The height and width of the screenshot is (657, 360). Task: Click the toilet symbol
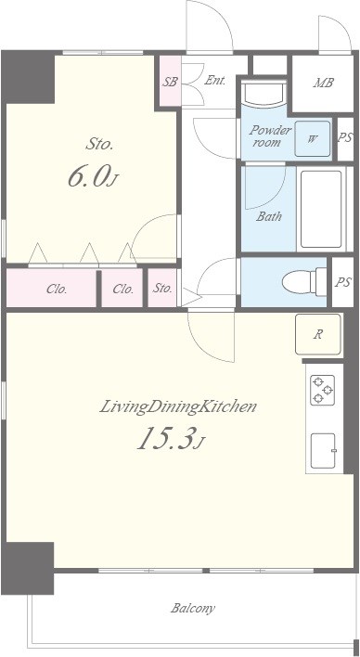[x=304, y=281]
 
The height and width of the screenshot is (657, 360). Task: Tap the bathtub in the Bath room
[x=321, y=209]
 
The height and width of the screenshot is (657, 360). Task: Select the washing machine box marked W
[x=313, y=138]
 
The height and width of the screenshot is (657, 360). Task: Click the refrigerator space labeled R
[x=318, y=334]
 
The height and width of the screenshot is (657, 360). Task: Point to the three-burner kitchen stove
[x=322, y=390]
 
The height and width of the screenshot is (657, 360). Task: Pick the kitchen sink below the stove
[x=323, y=451]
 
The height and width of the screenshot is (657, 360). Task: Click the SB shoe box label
[x=170, y=82]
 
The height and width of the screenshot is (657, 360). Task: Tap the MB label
[x=323, y=83]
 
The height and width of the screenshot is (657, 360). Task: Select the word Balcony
[x=193, y=608]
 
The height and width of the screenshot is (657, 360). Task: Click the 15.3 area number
[x=171, y=438]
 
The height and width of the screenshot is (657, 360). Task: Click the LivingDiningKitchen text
[x=178, y=406]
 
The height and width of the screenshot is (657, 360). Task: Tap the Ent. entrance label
[x=215, y=81]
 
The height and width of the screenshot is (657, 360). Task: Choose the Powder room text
[x=270, y=135]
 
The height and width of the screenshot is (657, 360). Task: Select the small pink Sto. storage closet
[x=162, y=288]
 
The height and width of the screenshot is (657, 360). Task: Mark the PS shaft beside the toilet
[x=342, y=282]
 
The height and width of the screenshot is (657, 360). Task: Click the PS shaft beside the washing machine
[x=345, y=138]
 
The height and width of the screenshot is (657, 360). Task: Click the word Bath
[x=269, y=216]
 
